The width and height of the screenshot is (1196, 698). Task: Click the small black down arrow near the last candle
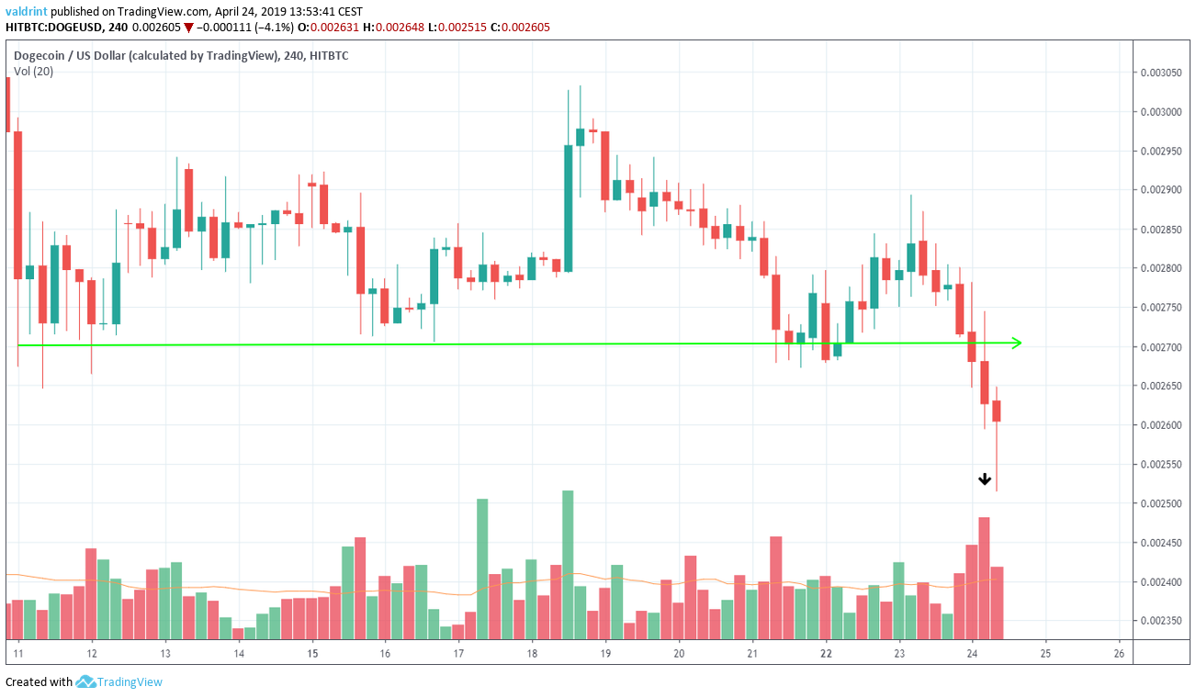pos(985,478)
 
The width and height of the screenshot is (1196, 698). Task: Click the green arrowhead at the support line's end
pos(1016,343)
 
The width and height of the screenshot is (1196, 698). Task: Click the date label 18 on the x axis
pos(532,653)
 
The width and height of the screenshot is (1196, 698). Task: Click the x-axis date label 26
pos(1118,653)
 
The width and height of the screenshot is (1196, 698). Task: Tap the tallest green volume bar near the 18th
pos(568,564)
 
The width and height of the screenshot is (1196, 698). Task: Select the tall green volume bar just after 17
pos(482,569)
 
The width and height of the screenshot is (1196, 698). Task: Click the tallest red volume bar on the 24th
pos(984,578)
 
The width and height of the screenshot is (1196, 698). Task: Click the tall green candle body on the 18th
pos(568,208)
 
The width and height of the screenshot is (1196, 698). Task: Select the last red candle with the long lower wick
pos(997,411)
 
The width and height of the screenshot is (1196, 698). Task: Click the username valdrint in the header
pos(27,11)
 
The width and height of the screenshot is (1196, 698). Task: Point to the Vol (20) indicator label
pos(33,72)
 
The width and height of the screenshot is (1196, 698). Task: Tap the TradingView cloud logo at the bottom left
pos(86,681)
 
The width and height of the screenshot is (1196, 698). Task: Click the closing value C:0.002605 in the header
pos(520,27)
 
